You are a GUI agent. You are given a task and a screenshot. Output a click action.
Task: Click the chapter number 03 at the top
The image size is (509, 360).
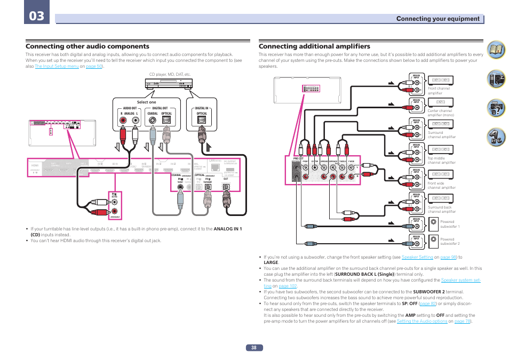click(x=36, y=15)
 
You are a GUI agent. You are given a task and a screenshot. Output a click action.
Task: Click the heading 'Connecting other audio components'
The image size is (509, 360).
click(x=88, y=46)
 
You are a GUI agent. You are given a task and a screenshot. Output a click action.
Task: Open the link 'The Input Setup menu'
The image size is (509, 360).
click(x=57, y=67)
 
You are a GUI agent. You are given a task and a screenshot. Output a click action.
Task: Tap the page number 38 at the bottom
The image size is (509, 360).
click(x=254, y=347)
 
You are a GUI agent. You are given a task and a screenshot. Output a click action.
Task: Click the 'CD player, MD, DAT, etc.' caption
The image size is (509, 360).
click(x=170, y=74)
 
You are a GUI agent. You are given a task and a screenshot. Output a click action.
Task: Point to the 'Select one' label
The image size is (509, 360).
click(x=147, y=102)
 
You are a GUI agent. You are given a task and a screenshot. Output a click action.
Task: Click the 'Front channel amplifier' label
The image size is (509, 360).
click(x=439, y=91)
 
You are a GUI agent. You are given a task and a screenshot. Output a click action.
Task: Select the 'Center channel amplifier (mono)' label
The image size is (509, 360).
click(x=441, y=113)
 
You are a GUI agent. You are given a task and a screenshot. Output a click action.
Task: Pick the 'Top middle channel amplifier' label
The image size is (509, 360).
click(x=441, y=160)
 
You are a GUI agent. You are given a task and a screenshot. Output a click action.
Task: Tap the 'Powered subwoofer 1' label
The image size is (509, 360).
click(x=450, y=224)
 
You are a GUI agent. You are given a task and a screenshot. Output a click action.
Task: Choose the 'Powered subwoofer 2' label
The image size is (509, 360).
click(x=450, y=242)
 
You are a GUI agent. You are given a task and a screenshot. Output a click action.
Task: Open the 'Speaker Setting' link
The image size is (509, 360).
click(x=417, y=257)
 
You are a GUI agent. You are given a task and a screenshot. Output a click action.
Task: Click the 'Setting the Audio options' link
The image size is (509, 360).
click(x=421, y=322)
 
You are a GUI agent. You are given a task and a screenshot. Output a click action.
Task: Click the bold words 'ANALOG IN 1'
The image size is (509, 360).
click(x=228, y=229)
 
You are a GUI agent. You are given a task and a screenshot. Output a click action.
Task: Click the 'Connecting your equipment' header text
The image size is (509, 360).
click(x=438, y=19)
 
